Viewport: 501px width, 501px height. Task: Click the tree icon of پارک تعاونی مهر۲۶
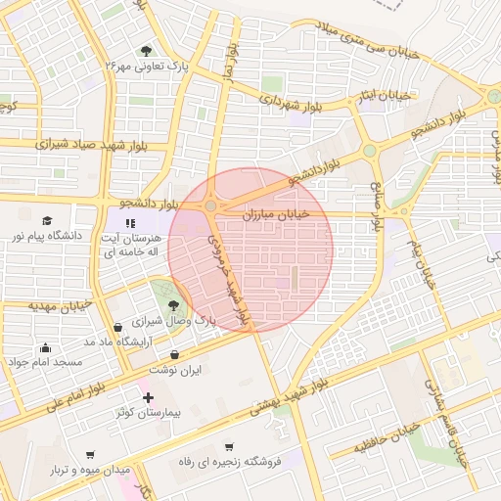pos(146,51)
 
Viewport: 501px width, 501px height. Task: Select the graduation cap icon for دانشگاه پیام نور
pos(46,221)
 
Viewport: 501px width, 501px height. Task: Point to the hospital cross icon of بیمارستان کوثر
pos(148,397)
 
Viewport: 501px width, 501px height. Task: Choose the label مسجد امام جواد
pos(46,362)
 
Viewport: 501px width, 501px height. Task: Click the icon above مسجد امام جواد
pos(45,347)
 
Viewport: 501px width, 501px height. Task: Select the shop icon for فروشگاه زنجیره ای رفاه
pos(229,445)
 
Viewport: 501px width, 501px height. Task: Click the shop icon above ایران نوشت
pos(175,355)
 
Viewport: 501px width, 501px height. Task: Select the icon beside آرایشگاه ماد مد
pos(118,327)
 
